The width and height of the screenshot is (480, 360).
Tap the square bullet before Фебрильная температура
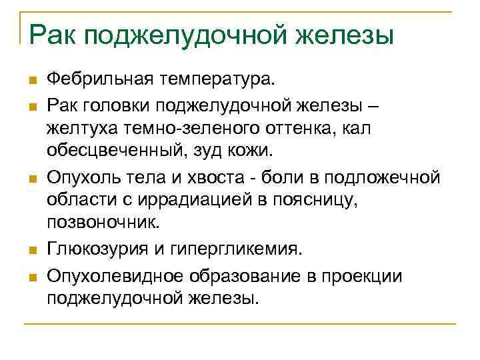click(x=31, y=82)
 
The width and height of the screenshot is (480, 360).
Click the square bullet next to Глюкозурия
click(x=31, y=251)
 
